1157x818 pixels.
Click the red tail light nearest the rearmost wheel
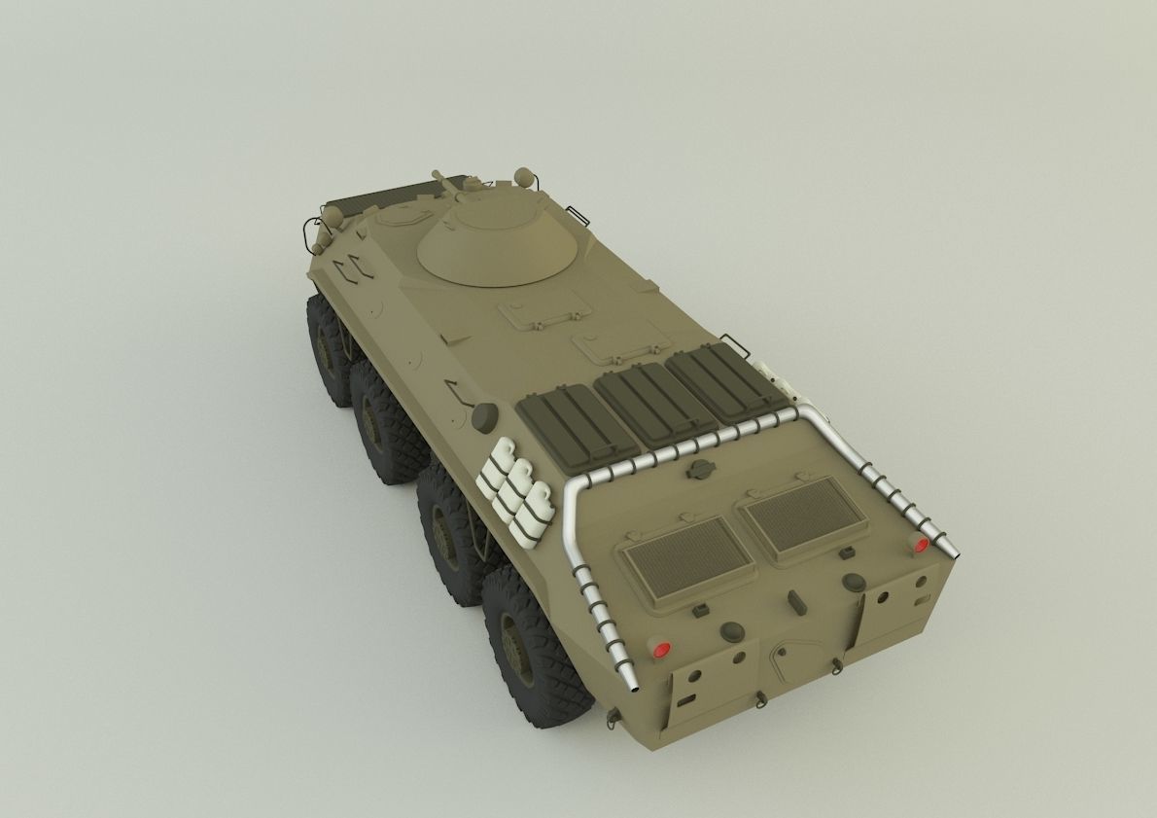pos(662,649)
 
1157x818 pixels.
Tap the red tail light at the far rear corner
pos(918,545)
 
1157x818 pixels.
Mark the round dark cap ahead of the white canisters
pos(484,416)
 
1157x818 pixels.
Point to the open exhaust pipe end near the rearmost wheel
pos(632,689)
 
